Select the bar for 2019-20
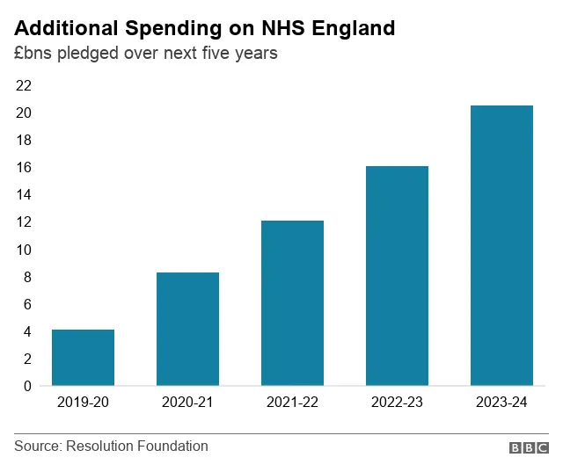pyautogui.click(x=83, y=357)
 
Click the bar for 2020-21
pyautogui.click(x=187, y=329)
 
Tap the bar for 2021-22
pyautogui.click(x=292, y=302)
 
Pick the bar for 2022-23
pyautogui.click(x=397, y=275)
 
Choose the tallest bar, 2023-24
pyautogui.click(x=501, y=245)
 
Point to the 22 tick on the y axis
pyautogui.click(x=23, y=85)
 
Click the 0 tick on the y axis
pyautogui.click(x=27, y=386)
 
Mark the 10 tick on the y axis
pyautogui.click(x=23, y=250)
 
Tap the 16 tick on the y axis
pyautogui.click(x=23, y=167)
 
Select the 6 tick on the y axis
pyautogui.click(x=27, y=304)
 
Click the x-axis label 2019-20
pyautogui.click(x=83, y=403)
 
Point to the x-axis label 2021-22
pyautogui.click(x=292, y=403)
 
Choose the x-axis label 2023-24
pyautogui.click(x=501, y=403)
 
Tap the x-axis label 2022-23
pyautogui.click(x=397, y=403)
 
